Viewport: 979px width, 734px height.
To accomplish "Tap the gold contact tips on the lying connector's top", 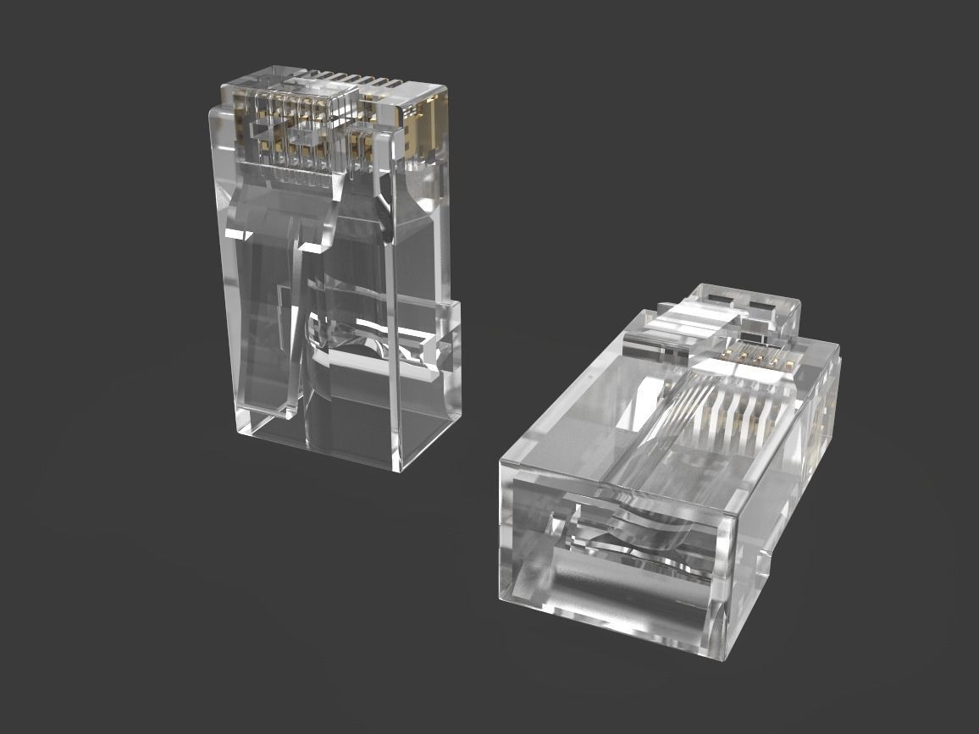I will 759,356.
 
